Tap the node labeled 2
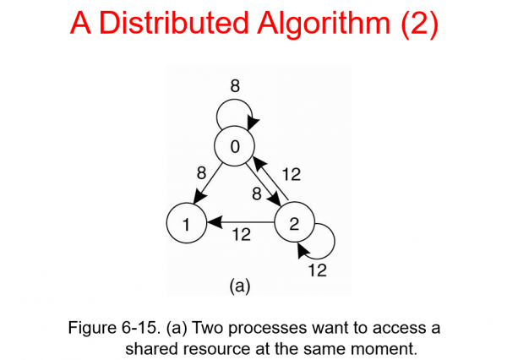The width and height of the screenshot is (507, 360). (293, 224)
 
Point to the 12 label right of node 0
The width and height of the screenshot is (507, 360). (290, 174)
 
